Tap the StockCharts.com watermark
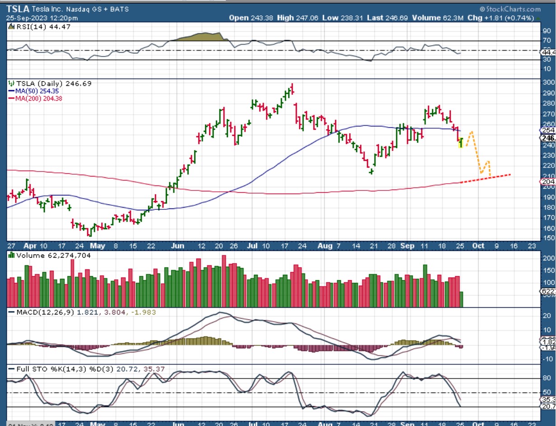pyautogui.click(x=510, y=9)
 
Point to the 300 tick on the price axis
pyautogui.click(x=548, y=83)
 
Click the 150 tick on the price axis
pyautogui.click(x=548, y=238)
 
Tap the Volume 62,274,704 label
pyautogui.click(x=53, y=255)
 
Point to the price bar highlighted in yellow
pyautogui.click(x=461, y=143)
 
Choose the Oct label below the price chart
pyautogui.click(x=478, y=246)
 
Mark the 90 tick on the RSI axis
pyautogui.click(x=546, y=31)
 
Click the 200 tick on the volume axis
pyautogui.click(x=548, y=259)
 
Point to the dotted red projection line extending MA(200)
pyautogui.click(x=484, y=179)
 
